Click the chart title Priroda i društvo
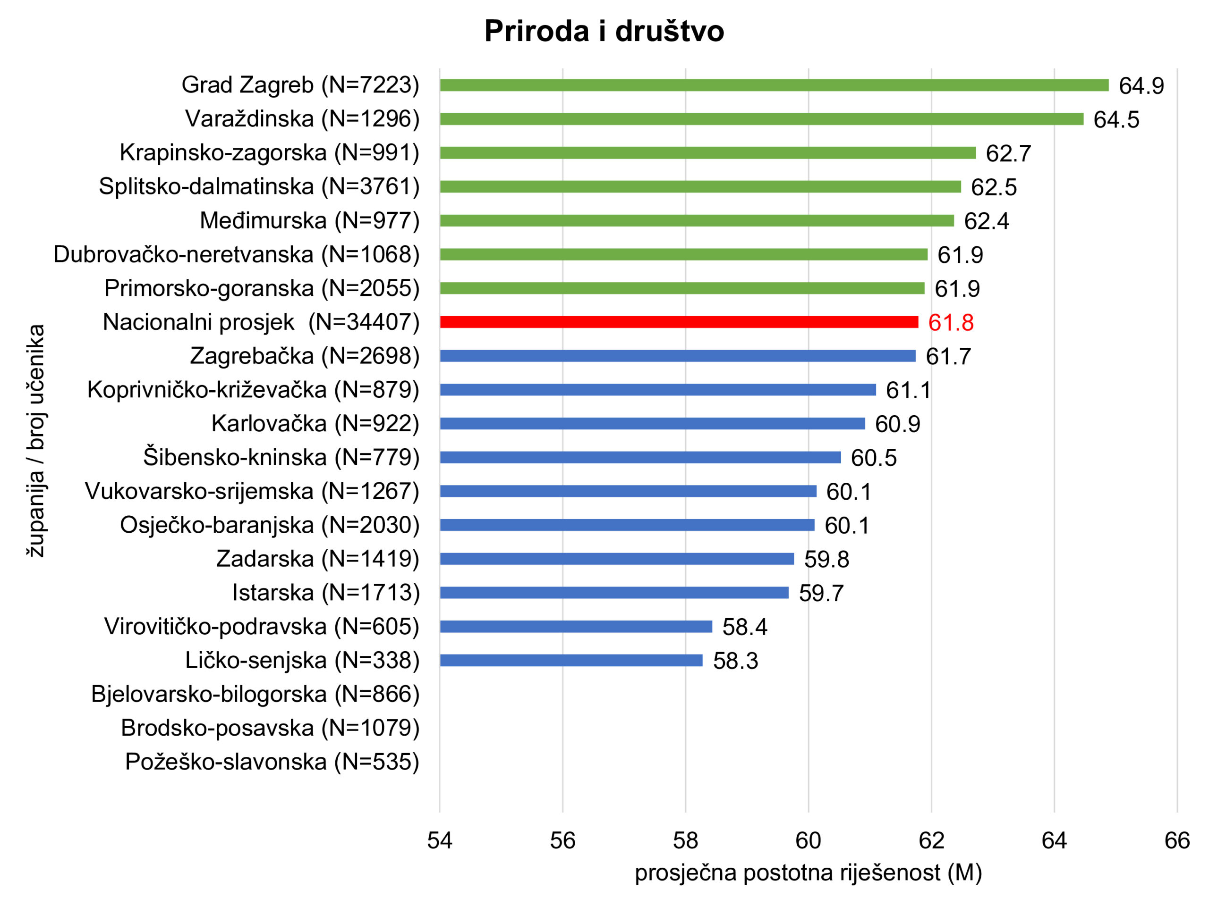[x=604, y=31]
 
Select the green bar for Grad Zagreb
[x=774, y=85]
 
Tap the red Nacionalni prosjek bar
[x=679, y=322]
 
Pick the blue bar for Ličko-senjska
[x=571, y=660]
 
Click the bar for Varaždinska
[x=761, y=119]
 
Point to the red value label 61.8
[x=951, y=323]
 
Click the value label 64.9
[x=1141, y=86]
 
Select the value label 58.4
[x=744, y=627]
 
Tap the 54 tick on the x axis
[x=439, y=840]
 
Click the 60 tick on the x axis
[x=809, y=840]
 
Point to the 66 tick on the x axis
[x=1177, y=840]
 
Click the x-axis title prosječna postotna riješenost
[x=809, y=872]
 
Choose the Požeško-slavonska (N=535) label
[x=272, y=762]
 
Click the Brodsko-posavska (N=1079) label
[x=270, y=728]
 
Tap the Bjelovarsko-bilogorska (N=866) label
[x=255, y=694]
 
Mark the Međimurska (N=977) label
[x=309, y=221]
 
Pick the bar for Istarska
[x=614, y=593]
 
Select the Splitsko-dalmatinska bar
[x=700, y=187]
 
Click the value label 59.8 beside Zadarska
[x=826, y=559]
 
